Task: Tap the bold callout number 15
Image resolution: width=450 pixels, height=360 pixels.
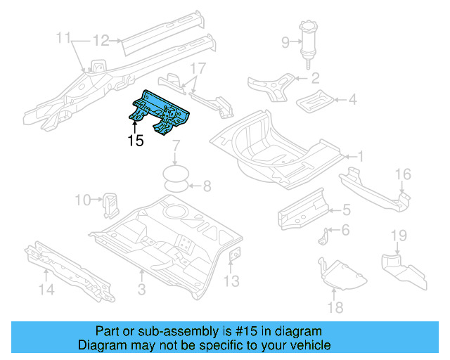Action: point(136,141)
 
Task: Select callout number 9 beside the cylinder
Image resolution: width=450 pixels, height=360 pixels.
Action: point(285,43)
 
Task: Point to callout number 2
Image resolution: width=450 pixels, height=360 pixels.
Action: point(315,78)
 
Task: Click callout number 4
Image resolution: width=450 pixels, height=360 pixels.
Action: point(352,100)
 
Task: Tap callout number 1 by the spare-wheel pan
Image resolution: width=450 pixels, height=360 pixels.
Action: point(359,156)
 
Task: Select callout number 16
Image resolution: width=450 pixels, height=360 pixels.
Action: point(402,174)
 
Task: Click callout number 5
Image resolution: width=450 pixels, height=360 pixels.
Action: point(346,209)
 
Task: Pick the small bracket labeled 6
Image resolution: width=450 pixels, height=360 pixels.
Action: point(326,236)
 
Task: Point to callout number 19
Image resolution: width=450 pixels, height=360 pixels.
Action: point(399,234)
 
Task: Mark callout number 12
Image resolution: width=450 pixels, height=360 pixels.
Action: point(101,39)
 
